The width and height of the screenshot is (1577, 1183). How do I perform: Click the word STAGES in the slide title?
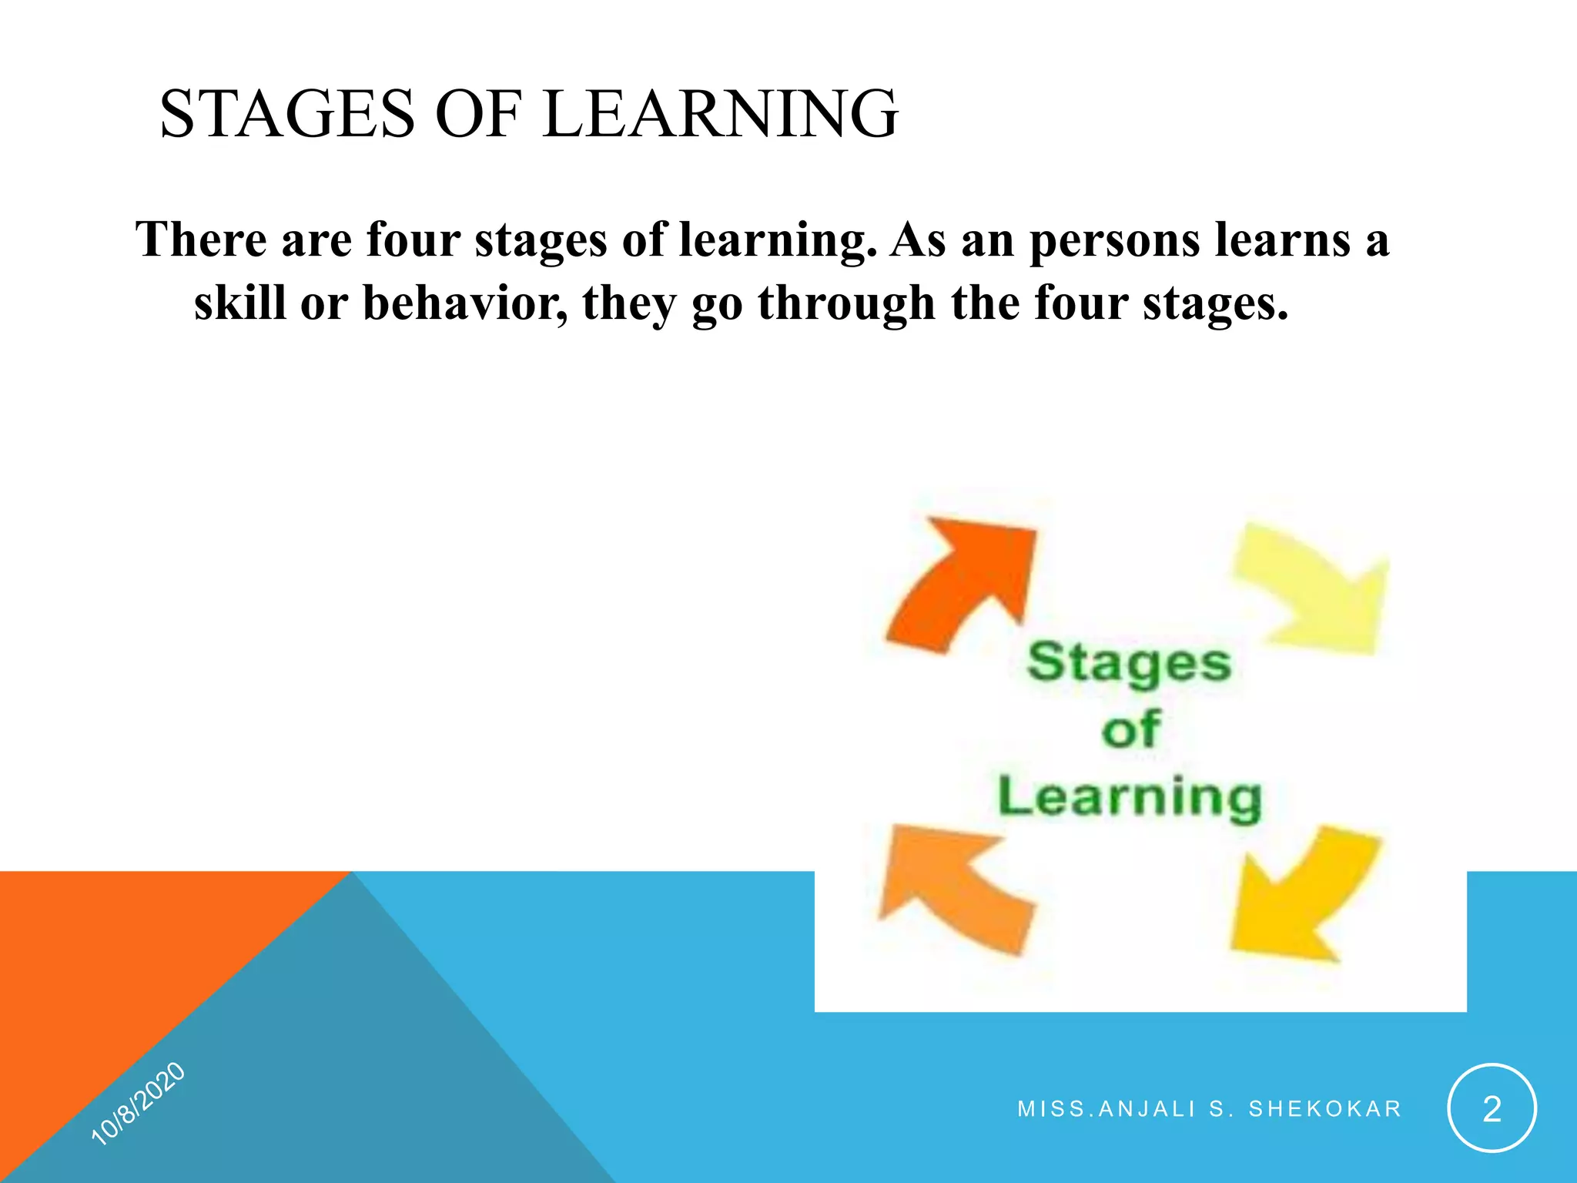pos(286,114)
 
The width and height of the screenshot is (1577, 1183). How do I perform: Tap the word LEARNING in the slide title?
pos(720,114)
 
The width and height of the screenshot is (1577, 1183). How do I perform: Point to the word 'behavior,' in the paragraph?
pos(465,303)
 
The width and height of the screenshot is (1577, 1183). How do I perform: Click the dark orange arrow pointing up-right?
pos(963,581)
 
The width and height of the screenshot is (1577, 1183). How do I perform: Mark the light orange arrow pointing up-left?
pos(955,886)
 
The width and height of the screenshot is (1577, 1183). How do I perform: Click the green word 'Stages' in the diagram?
pos(1129,664)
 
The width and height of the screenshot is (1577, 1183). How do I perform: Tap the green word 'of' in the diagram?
pos(1130,729)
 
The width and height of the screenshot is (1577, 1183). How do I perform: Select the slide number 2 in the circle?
pos(1492,1109)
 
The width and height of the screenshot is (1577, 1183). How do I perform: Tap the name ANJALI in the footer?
pos(1147,1109)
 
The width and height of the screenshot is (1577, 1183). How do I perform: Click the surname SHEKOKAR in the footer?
pos(1324,1109)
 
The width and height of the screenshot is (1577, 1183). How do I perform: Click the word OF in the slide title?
pos(478,114)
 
